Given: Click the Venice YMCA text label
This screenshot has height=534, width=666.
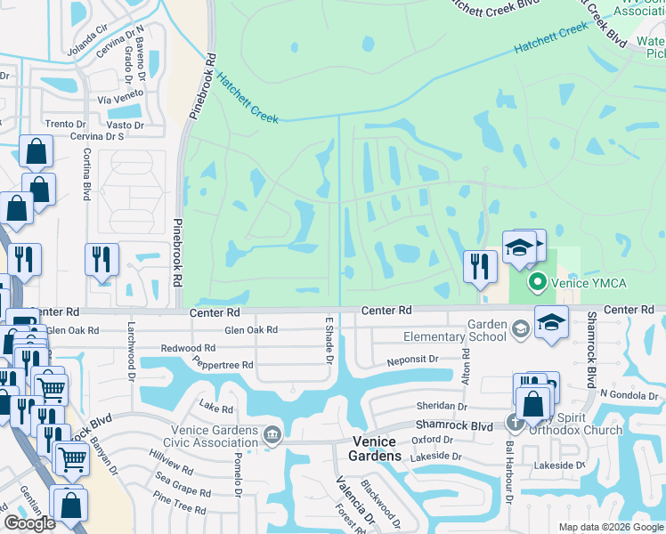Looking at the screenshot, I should pos(590,284).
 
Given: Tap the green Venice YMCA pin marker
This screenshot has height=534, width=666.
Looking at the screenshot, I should pos(537,284).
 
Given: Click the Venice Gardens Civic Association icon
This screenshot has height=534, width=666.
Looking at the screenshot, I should pos(272,434).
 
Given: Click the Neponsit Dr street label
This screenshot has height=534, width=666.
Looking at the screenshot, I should pos(412,360).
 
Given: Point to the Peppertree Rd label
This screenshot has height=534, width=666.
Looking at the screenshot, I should pos(223,365).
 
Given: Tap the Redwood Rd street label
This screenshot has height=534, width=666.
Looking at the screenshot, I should pos(188,348).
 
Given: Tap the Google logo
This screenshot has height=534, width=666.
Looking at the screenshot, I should pos(29,523).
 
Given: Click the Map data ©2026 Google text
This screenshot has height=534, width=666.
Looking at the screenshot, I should pos(611,527).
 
